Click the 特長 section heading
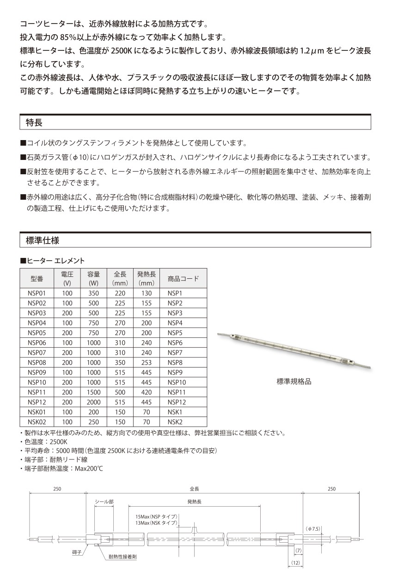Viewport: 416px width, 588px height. (34, 122)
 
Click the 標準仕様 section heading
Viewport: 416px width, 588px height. (43, 240)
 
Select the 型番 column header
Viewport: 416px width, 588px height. (37, 278)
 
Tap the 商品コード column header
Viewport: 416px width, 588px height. (183, 278)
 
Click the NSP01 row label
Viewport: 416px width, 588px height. (37, 293)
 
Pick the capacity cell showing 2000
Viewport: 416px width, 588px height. (93, 402)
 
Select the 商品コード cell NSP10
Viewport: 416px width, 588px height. (177, 382)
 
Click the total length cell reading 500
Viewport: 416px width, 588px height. (120, 392)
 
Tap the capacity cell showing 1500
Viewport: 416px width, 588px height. (93, 392)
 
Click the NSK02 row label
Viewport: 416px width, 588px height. (37, 422)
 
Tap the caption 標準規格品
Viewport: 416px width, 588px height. (294, 381)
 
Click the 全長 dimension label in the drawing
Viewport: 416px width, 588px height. (194, 489)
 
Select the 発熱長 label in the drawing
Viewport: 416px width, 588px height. (194, 502)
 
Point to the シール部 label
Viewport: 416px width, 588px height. (104, 502)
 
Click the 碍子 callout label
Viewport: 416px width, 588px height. (77, 552)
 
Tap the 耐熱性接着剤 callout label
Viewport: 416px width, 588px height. (122, 557)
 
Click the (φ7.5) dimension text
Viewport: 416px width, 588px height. (313, 528)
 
